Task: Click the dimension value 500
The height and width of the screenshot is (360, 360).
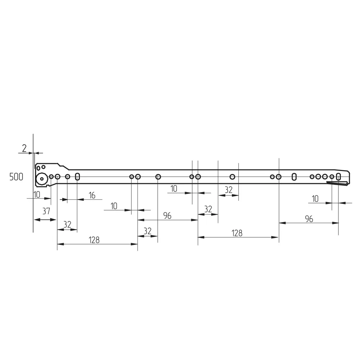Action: [x=16, y=177]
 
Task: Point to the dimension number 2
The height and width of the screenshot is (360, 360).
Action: [x=24, y=148]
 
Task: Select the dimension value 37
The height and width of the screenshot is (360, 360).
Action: [x=46, y=211]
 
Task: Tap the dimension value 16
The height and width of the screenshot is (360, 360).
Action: [x=92, y=195]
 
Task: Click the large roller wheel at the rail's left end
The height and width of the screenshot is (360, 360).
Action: [x=42, y=179]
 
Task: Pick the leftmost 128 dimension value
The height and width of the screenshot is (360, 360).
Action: [x=94, y=240]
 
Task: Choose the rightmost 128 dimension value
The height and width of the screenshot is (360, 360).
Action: [x=237, y=233]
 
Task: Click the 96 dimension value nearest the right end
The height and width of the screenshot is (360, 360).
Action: [x=309, y=219]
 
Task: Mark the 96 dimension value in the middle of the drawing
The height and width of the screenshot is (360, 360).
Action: [x=167, y=216]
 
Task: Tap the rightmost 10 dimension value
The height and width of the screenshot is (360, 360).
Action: [x=315, y=199]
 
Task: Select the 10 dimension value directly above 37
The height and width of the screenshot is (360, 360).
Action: [x=37, y=195]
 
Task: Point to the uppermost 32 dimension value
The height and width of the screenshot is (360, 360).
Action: [x=229, y=190]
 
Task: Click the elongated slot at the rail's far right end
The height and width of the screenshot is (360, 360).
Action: [x=338, y=176]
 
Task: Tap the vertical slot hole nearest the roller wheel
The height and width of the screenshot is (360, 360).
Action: [x=77, y=177]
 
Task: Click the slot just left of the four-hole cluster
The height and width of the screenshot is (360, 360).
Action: [x=294, y=176]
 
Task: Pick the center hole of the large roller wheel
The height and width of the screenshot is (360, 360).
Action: [x=42, y=179]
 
